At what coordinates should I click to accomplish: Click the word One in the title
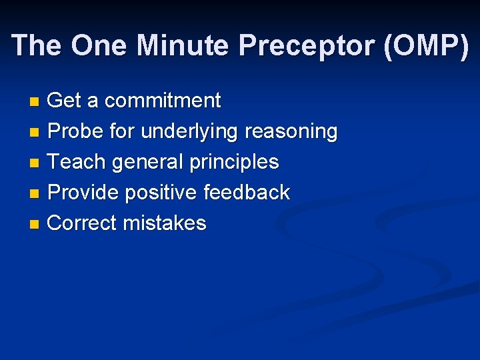(x=100, y=45)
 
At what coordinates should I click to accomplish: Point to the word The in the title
(x=37, y=45)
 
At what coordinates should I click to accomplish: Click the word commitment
(x=163, y=101)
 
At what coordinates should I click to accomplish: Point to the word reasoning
(x=291, y=132)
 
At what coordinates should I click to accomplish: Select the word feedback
(x=247, y=193)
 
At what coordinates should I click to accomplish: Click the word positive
(x=161, y=193)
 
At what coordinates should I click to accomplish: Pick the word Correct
(x=82, y=223)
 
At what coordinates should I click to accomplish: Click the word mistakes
(x=165, y=223)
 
